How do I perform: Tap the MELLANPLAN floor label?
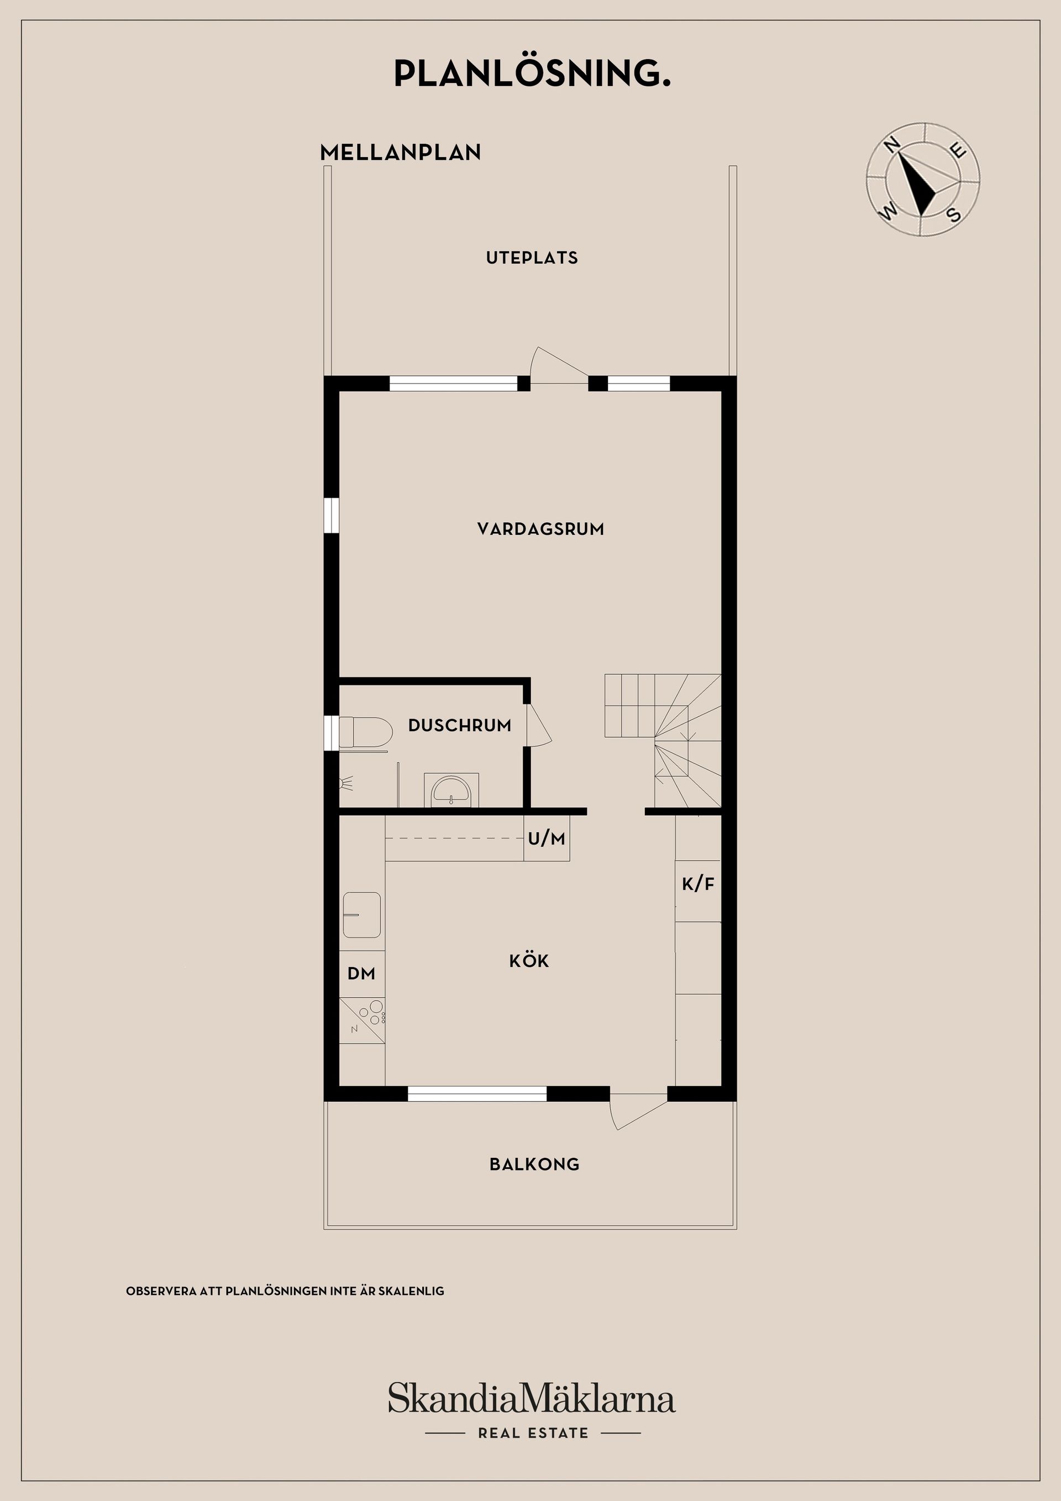[x=400, y=153]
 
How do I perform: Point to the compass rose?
[x=923, y=179]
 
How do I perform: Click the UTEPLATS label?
[x=532, y=258]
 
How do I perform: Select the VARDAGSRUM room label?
[x=540, y=529]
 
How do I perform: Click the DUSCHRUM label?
[x=460, y=725]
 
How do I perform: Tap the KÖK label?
[x=529, y=961]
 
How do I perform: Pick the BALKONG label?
[x=534, y=1164]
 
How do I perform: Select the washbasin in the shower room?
[x=451, y=790]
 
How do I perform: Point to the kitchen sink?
[x=361, y=915]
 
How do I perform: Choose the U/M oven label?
[x=547, y=838]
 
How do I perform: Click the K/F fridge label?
[x=698, y=884]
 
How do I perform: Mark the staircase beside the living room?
[x=662, y=740]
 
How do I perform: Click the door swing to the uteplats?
[x=559, y=364]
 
